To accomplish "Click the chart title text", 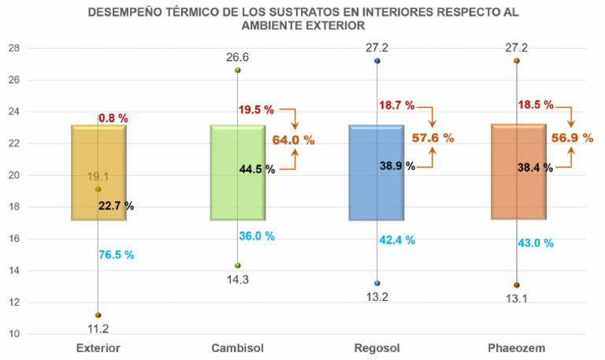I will tap(303, 19).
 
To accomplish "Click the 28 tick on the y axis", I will tap(13, 48).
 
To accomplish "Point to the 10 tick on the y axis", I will tap(13, 334).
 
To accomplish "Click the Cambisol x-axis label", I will tap(237, 347).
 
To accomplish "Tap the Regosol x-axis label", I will tap(377, 347).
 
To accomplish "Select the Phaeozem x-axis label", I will tap(518, 347).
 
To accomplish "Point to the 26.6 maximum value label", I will tap(238, 56).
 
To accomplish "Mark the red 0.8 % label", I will tap(113, 118).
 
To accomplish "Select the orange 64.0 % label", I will tap(293, 139).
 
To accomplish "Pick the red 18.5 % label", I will tap(535, 104).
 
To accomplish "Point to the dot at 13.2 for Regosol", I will tap(377, 284).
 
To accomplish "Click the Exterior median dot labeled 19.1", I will tap(98, 189).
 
